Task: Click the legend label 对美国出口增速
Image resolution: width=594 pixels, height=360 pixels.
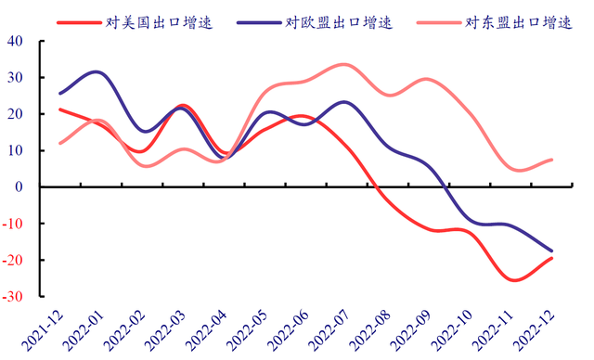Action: [x=159, y=22]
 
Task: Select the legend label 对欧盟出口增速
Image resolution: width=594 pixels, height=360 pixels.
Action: [x=339, y=22]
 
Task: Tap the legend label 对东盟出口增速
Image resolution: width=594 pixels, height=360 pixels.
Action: [x=519, y=22]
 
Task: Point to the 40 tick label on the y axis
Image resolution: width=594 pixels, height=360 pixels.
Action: [x=15, y=41]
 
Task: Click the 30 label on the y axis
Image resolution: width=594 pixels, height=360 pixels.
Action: [x=15, y=77]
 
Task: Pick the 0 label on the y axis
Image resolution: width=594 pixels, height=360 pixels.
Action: [x=19, y=186]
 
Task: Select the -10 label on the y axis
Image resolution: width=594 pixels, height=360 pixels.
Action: [x=12, y=224]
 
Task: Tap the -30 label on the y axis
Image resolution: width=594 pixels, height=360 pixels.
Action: [x=12, y=296]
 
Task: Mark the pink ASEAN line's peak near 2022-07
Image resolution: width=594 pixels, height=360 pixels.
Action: [x=343, y=65]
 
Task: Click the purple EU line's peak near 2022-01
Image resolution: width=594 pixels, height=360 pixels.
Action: [x=97, y=71]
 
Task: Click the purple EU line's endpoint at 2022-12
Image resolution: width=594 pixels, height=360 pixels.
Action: [x=551, y=251]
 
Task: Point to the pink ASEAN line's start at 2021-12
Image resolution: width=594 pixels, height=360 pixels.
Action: [x=60, y=143]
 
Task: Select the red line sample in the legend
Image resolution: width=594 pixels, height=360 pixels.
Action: [x=79, y=23]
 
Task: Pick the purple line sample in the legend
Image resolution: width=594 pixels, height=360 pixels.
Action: [x=259, y=23]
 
